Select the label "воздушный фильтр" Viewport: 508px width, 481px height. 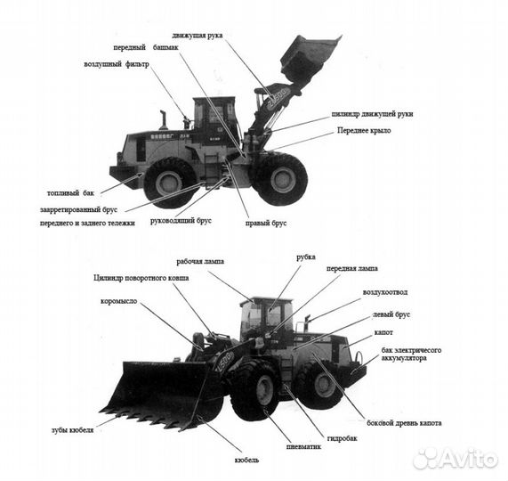(x=117, y=65)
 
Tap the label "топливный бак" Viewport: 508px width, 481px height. (x=70, y=192)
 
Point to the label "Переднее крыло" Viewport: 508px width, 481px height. (x=363, y=131)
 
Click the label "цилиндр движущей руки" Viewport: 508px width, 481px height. (x=372, y=114)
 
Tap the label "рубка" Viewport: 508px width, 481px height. (x=306, y=257)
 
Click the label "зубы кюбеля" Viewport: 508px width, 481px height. (x=72, y=429)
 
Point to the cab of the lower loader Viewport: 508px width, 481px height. (x=265, y=317)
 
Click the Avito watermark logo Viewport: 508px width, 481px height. (x=455, y=458)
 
